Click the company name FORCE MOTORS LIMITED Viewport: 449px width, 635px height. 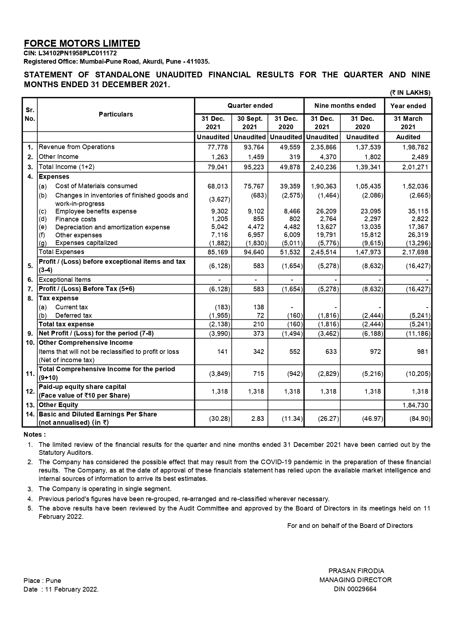[82, 43]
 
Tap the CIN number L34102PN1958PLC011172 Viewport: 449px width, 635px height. [70, 53]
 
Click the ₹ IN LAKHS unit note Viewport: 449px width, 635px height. [410, 93]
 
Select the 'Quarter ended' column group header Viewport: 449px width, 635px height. [250, 106]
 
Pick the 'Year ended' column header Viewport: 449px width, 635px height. [408, 106]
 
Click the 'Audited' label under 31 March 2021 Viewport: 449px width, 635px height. [408, 137]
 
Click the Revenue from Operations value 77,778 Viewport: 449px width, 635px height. [217, 147]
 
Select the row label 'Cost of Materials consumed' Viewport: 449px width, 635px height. [96, 186]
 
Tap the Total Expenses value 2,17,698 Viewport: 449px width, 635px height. [415, 252]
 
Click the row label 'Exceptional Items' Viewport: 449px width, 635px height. [65, 280]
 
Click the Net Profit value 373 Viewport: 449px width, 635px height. [258, 334]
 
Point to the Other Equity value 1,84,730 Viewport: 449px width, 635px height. [415, 405]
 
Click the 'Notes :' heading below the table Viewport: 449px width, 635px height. [35, 435]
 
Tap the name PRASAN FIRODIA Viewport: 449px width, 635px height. [356, 571]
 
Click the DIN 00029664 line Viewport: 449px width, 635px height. [355, 589]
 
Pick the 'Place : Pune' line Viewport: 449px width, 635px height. [42, 581]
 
